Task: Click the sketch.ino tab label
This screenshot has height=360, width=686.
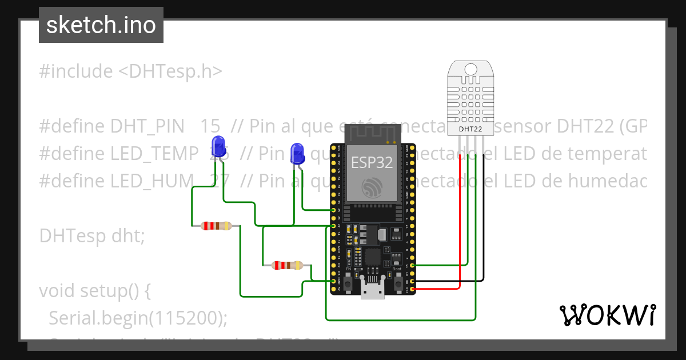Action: click(x=101, y=25)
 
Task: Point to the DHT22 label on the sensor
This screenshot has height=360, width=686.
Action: click(x=470, y=130)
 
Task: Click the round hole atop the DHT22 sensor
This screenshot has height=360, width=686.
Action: click(x=470, y=69)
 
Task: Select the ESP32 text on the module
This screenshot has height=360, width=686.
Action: click(x=372, y=162)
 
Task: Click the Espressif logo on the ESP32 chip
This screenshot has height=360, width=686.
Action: click(x=372, y=187)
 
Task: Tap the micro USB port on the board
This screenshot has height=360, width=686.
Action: click(x=372, y=291)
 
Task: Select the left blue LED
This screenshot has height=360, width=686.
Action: click(x=218, y=145)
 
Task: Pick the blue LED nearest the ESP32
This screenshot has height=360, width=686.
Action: click(x=297, y=153)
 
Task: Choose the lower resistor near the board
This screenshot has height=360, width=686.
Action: click(x=288, y=265)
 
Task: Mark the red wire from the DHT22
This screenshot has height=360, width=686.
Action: click(x=461, y=229)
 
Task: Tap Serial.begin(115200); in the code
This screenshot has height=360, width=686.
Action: click(x=138, y=318)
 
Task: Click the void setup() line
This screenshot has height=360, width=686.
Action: click(x=94, y=291)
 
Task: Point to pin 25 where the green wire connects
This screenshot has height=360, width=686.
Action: click(x=334, y=210)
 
